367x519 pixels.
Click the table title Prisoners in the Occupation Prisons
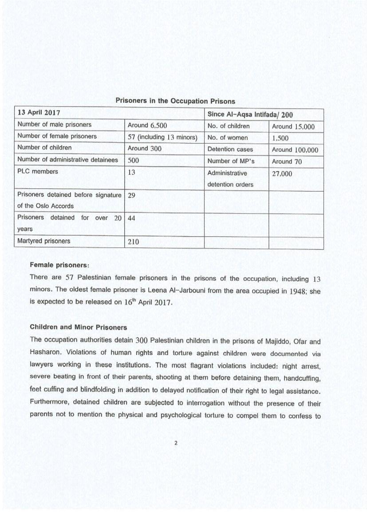(175, 101)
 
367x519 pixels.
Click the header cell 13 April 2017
(39, 113)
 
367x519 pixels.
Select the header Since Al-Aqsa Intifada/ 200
(250, 115)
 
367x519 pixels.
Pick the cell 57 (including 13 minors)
(162, 137)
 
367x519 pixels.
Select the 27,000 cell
(282, 174)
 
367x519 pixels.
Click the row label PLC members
(38, 171)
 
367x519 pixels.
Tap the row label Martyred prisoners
(43, 241)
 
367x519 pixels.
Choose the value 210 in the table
(134, 242)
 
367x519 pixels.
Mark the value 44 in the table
(132, 218)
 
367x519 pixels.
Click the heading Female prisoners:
(59, 265)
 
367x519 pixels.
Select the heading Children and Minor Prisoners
(79, 327)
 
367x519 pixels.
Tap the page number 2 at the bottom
(176, 443)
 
